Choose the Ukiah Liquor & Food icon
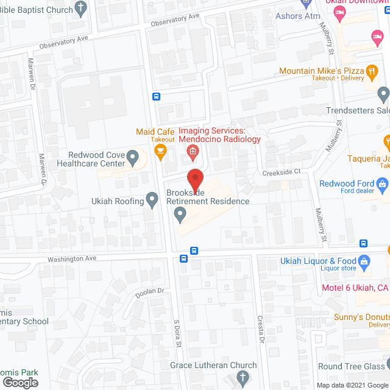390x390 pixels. [364, 263]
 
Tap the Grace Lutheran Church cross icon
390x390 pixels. [242, 378]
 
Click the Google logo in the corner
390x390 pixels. [19, 382]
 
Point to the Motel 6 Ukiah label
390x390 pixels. [355, 288]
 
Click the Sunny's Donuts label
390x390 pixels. [361, 317]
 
